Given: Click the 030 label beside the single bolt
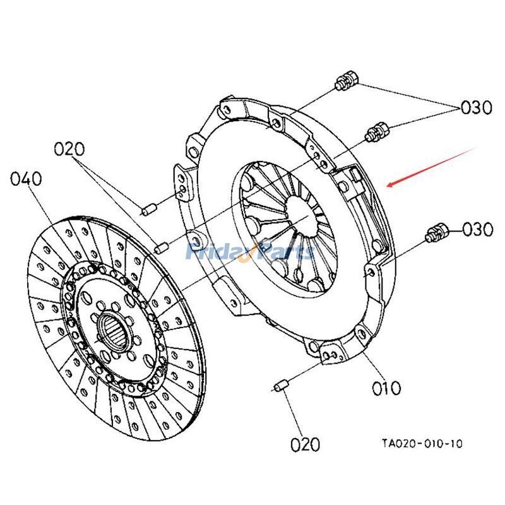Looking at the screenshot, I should tap(477, 229).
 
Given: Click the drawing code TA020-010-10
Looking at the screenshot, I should tap(421, 444).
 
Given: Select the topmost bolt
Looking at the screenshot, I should tap(346, 80).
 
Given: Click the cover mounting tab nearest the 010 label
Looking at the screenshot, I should tap(331, 353).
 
